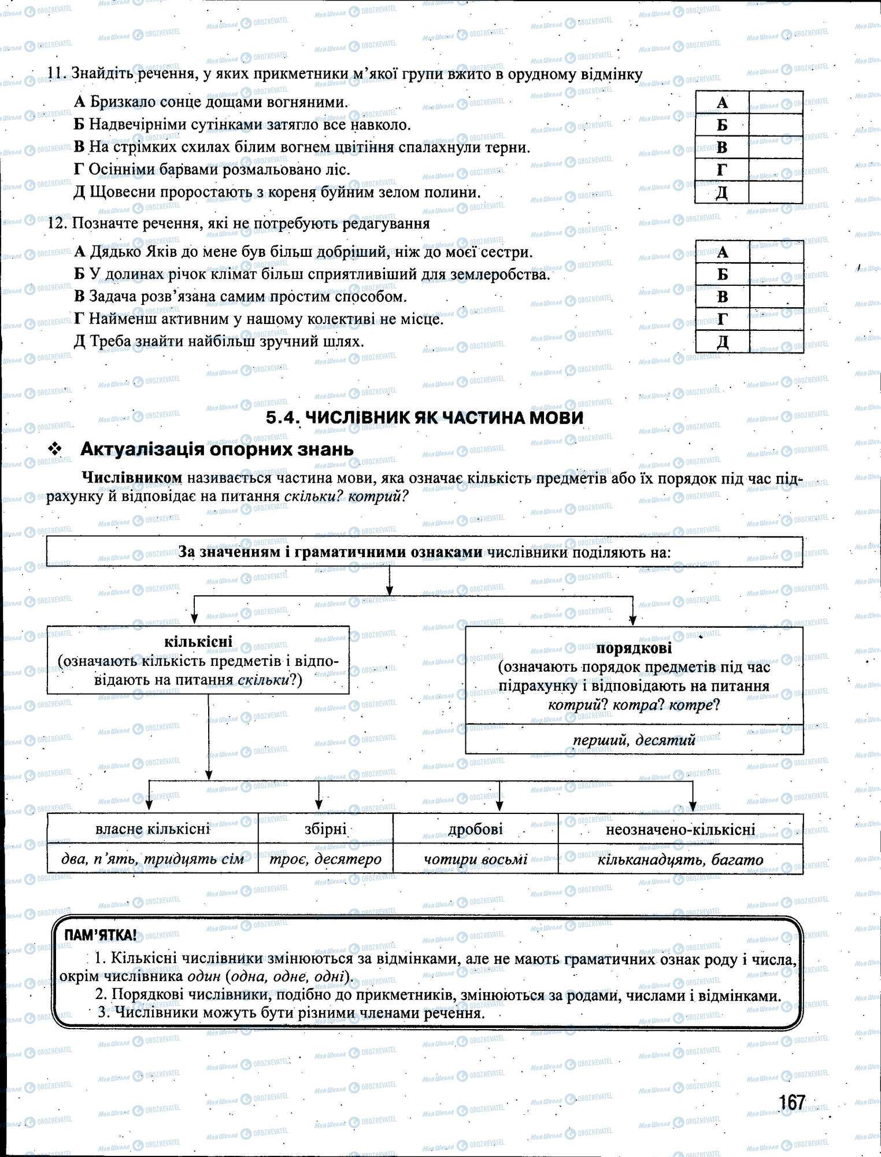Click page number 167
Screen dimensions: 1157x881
791,1103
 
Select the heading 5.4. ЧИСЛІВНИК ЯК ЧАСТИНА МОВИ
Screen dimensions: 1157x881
425,418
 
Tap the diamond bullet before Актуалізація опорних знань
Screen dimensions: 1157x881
56,449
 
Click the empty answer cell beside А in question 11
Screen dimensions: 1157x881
775,102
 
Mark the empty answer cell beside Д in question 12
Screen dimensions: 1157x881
775,342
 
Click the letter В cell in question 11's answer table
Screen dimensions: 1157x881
722,148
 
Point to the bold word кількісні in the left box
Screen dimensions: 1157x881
198,641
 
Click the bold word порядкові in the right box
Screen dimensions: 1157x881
634,648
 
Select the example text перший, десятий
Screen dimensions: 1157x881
634,740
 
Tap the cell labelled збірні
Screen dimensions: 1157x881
325,829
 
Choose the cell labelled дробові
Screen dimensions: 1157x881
475,829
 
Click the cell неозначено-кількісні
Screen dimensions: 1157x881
680,829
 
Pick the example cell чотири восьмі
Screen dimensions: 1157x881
475,859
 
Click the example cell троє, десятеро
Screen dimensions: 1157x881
325,859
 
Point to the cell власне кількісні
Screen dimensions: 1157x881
152,829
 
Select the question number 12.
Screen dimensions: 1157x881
55,224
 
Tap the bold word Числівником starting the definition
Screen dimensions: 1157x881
132,478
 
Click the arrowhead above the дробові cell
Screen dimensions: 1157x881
499,806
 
